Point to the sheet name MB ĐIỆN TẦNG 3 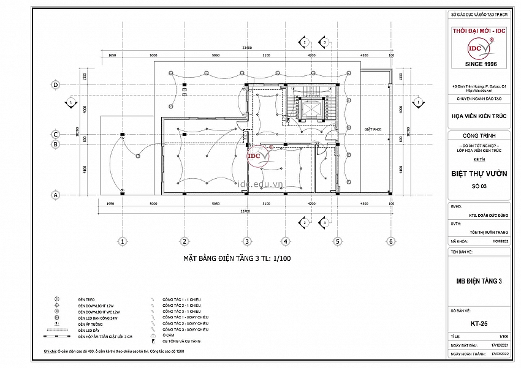479,281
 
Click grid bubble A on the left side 56,195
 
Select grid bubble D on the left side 56,84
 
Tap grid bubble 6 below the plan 390,241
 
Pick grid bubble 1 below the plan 123,241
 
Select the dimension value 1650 112,55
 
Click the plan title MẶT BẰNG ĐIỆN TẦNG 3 237,258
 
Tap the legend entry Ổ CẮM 168,336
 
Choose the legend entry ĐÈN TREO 86,299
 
